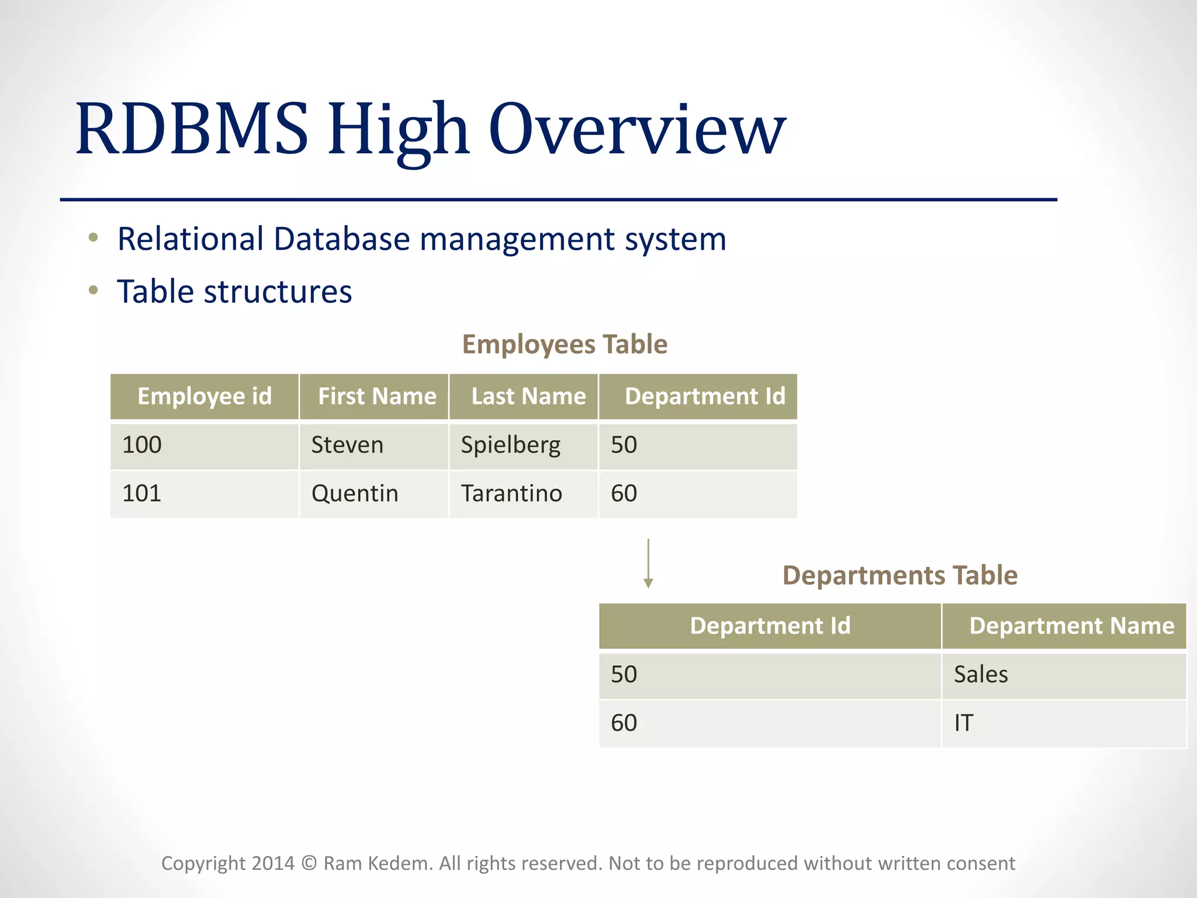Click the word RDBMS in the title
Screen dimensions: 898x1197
pyautogui.click(x=191, y=130)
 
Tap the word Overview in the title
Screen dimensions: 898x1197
pyautogui.click(x=636, y=130)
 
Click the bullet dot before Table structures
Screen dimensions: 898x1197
pyautogui.click(x=93, y=290)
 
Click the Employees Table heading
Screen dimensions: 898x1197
pyautogui.click(x=564, y=344)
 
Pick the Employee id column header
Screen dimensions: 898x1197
pyautogui.click(x=205, y=396)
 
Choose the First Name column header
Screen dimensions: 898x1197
pyautogui.click(x=377, y=396)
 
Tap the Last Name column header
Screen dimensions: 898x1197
pyautogui.click(x=528, y=396)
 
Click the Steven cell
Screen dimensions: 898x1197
pyautogui.click(x=347, y=445)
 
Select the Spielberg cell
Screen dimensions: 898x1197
pyautogui.click(x=510, y=445)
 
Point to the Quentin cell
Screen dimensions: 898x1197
pyautogui.click(x=354, y=494)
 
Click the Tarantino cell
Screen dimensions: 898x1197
pyautogui.click(x=511, y=494)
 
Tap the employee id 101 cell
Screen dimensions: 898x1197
pyautogui.click(x=141, y=494)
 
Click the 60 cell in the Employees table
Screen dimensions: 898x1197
pyautogui.click(x=624, y=494)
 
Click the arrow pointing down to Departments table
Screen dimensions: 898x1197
pyautogui.click(x=648, y=564)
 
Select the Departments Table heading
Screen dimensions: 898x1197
pyautogui.click(x=900, y=575)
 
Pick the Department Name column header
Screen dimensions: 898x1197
pyautogui.click(x=1071, y=626)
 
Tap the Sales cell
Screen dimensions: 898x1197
pyautogui.click(x=981, y=675)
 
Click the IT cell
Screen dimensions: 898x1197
pyautogui.click(x=963, y=723)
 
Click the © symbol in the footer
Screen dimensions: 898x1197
pyautogui.click(x=309, y=864)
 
